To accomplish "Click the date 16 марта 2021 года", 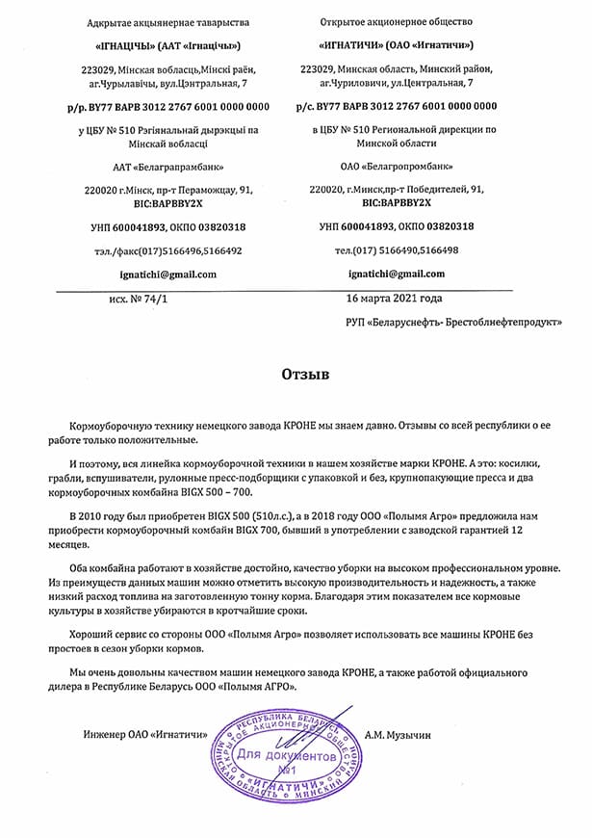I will click(395, 299).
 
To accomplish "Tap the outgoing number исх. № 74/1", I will click(138, 300).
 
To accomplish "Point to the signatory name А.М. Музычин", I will click(398, 735).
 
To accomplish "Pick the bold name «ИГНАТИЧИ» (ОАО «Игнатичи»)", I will click(396, 44).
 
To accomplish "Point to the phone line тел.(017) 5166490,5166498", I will click(396, 250).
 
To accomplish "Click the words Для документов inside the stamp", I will click(286, 757).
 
